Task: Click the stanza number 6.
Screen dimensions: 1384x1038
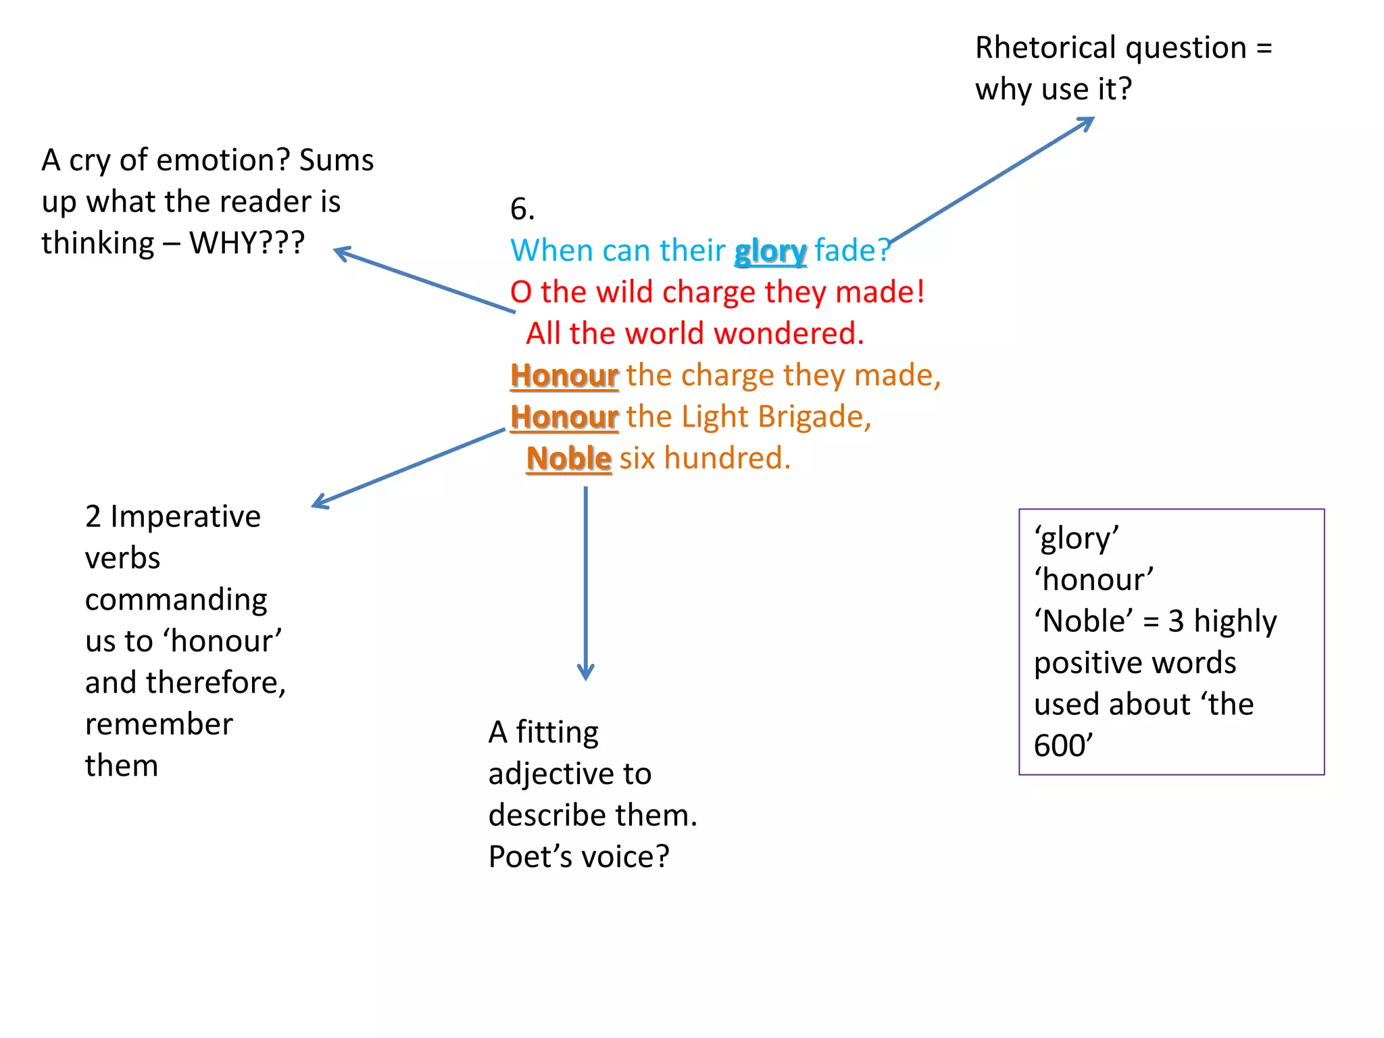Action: click(522, 209)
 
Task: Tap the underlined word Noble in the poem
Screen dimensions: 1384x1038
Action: click(569, 459)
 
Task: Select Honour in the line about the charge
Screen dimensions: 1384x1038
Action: click(564, 376)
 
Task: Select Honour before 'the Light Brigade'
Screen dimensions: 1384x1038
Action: click(564, 417)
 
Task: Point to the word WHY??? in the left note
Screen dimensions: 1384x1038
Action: click(247, 243)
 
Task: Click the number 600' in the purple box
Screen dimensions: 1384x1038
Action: click(1063, 746)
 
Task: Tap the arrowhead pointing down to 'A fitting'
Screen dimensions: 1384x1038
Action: click(586, 673)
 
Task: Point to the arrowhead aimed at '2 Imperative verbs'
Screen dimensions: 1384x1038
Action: click(320, 502)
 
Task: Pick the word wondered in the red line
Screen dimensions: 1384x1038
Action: click(789, 334)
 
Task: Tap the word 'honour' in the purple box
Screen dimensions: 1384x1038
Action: click(1093, 580)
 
